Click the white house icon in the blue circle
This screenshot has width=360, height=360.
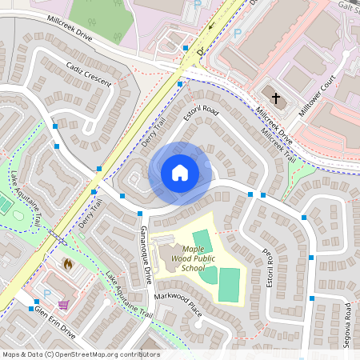click(x=180, y=172)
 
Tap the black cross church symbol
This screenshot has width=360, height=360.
click(x=276, y=98)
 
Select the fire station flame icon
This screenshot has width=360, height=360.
click(x=68, y=262)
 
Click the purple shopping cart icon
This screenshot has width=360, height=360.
click(x=63, y=304)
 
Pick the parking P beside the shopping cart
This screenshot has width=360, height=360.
click(x=46, y=305)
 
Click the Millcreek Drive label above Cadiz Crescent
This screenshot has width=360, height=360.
click(x=70, y=30)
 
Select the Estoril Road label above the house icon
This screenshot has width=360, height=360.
click(x=201, y=110)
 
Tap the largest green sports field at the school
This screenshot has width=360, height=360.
click(x=229, y=284)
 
